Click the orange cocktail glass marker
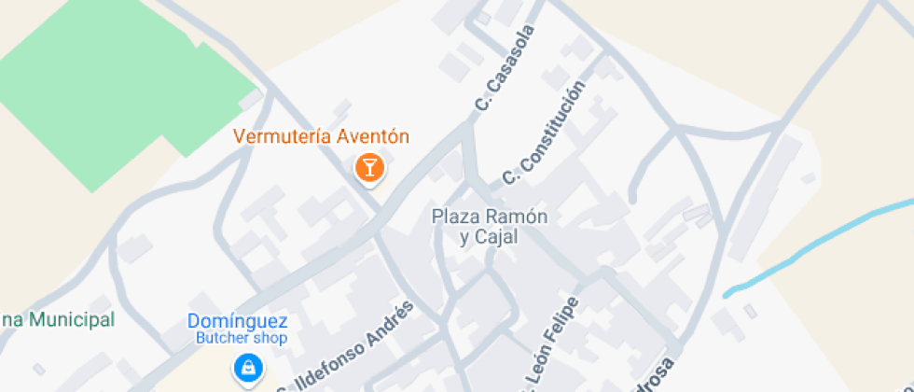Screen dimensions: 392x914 369,168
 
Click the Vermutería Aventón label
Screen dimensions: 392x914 321,136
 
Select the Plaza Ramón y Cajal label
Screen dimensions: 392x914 489,227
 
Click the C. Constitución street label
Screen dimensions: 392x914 544,131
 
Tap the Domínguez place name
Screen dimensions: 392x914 237,320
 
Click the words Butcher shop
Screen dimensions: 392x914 241,338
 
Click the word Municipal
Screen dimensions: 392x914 71,320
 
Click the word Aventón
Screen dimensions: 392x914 372,136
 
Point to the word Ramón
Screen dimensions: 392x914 515,217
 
